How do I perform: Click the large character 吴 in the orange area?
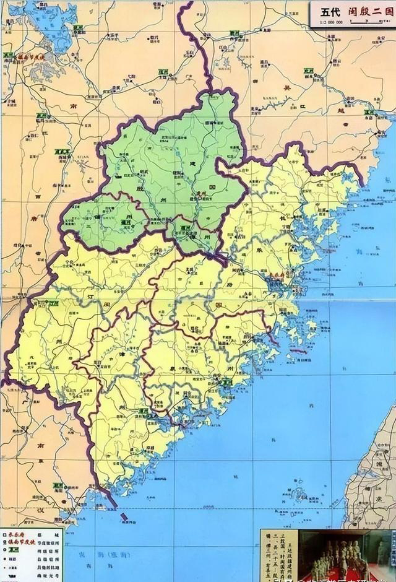286,89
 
